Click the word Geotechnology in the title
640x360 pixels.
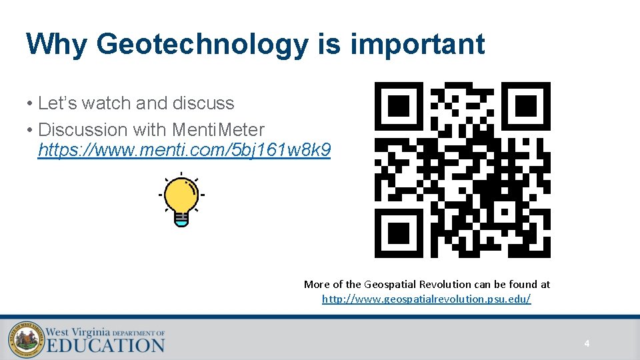tap(202, 45)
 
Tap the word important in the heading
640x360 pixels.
tap(417, 45)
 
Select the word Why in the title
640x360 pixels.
tap(57, 44)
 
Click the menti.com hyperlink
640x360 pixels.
tap(184, 151)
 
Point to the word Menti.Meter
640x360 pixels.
tap(218, 129)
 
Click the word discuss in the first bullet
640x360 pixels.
tap(203, 103)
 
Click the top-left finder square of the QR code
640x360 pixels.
tap(399, 105)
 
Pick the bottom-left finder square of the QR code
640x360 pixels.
tap(399, 233)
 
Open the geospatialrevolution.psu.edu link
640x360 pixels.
tap(426, 299)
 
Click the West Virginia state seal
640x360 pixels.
tap(23, 340)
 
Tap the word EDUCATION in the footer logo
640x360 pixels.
tap(105, 345)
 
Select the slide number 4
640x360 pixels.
tap(587, 344)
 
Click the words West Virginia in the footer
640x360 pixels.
tap(77, 331)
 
